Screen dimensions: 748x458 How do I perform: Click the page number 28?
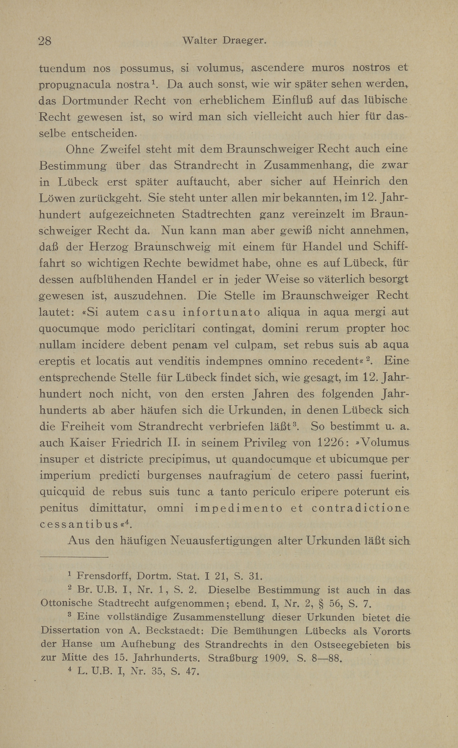[x=45, y=41]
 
